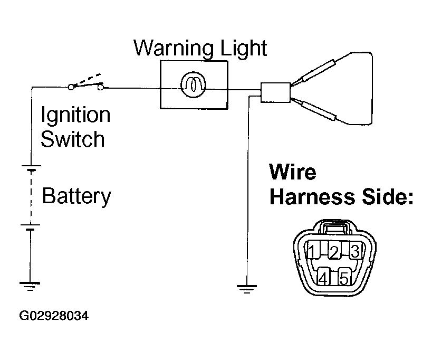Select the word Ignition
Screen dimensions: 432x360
tap(75, 116)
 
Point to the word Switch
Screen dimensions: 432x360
tap(73, 139)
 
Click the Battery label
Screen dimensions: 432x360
tap(76, 196)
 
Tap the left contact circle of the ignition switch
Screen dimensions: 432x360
tap(71, 88)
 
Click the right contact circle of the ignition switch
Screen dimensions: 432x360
tap(101, 88)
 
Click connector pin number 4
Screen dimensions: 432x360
tap(323, 277)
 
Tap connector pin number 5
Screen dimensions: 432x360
tap(344, 277)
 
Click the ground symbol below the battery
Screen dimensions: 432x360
tap(30, 287)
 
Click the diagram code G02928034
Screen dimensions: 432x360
tap(54, 316)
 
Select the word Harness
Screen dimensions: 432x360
tap(312, 197)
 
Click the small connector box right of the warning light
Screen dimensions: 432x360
tap(275, 92)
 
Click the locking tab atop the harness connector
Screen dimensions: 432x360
tap(335, 228)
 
